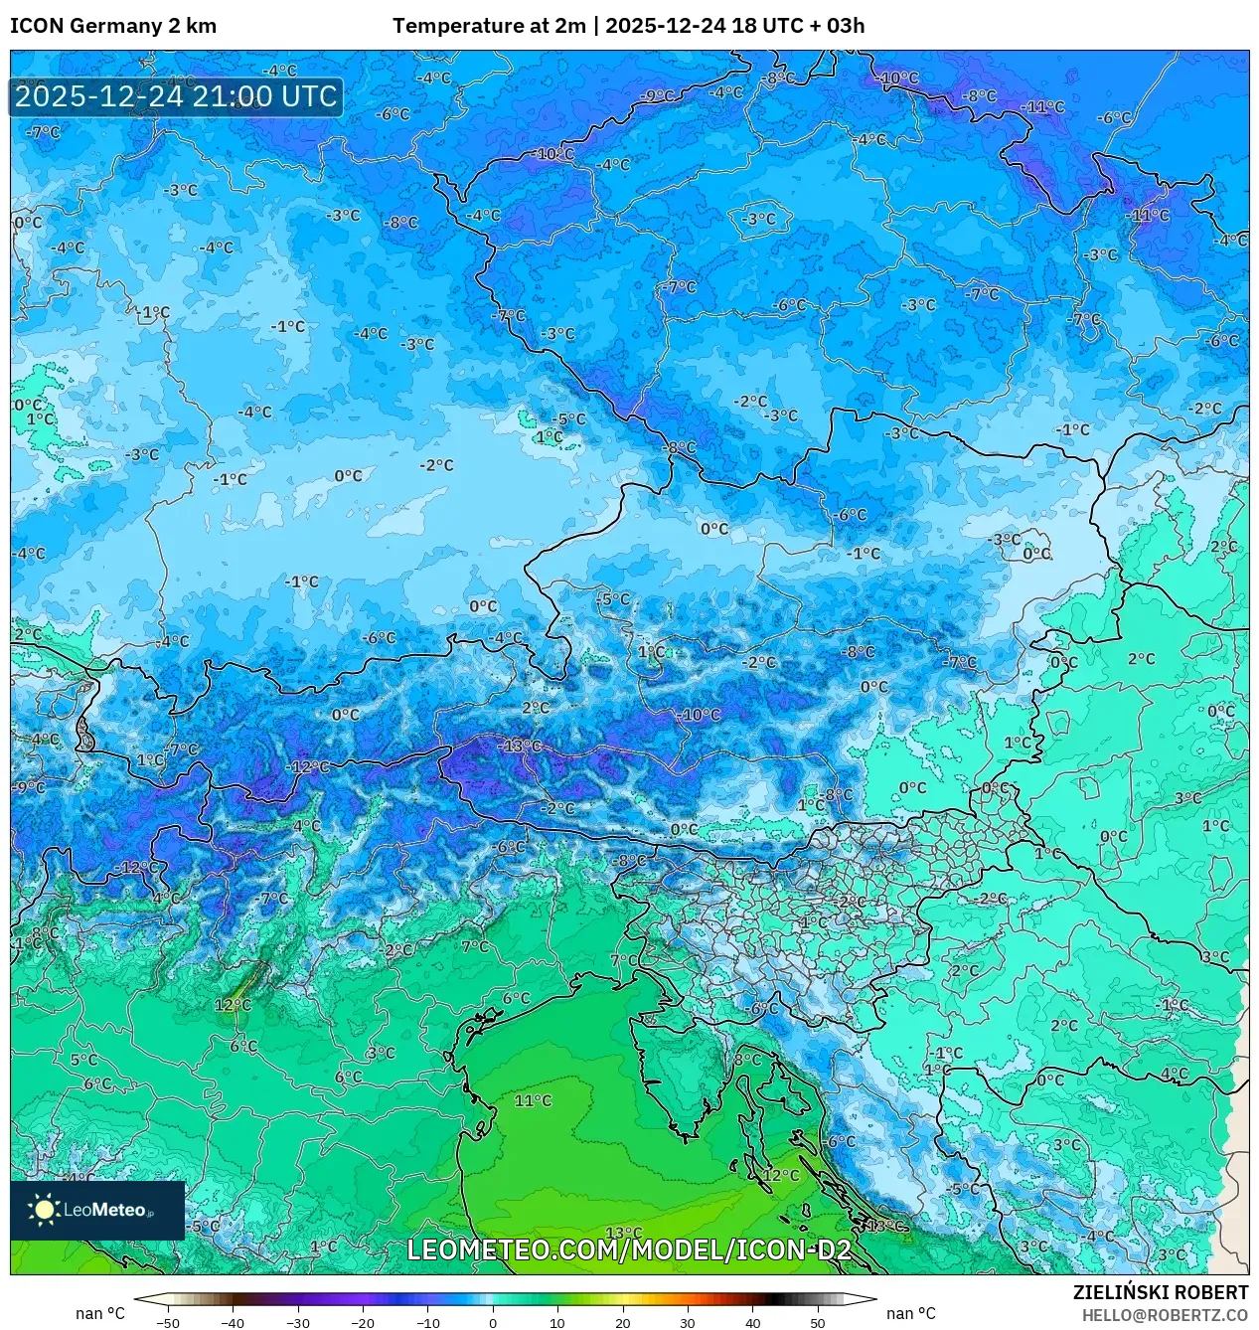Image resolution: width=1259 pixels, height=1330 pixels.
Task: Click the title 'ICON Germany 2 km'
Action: point(113,26)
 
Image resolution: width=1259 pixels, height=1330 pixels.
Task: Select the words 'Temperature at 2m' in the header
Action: point(489,26)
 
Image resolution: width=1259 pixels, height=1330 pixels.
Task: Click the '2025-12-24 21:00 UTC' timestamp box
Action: point(176,96)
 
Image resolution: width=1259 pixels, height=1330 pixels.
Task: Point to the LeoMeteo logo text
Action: point(105,1210)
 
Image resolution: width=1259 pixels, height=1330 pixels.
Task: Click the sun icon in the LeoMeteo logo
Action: point(44,1210)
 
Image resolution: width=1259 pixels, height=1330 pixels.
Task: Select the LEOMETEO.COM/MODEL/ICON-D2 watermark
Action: point(629,1249)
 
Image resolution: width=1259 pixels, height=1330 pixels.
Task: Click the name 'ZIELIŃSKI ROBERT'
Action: point(1160,1293)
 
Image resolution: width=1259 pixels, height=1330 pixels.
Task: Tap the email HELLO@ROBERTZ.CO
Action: point(1165,1315)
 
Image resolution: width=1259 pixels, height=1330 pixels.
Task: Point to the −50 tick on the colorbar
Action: point(168,1323)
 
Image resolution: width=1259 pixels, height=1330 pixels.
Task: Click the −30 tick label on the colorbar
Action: point(297,1323)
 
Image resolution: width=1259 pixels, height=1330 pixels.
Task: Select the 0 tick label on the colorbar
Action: point(493,1323)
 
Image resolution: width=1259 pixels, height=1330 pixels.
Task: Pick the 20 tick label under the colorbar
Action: point(623,1323)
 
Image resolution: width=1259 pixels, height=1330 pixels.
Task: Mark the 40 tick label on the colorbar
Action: point(752,1323)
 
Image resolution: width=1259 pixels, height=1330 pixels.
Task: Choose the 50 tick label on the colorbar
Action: point(818,1323)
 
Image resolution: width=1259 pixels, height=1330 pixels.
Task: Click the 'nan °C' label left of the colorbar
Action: point(100,1314)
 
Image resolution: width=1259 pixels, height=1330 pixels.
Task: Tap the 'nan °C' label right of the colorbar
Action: point(911,1314)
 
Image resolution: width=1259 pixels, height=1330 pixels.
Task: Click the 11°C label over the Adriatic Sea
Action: point(533,1100)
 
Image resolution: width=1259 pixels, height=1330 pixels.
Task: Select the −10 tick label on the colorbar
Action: point(427,1323)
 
